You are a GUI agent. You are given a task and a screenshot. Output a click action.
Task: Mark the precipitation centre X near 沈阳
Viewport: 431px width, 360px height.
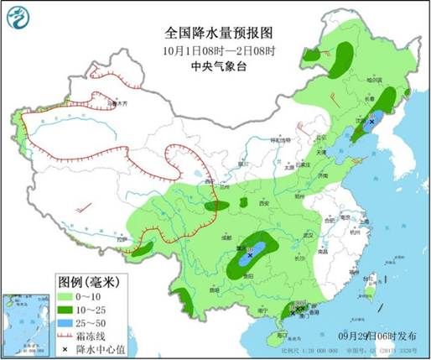coord(371,122)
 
